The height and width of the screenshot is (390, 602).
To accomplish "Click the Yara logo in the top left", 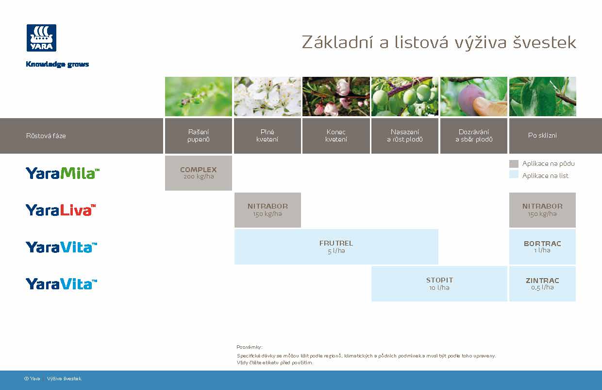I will [41, 38].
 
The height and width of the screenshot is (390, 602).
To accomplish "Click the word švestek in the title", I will [544, 43].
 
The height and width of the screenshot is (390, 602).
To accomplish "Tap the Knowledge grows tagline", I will [57, 64].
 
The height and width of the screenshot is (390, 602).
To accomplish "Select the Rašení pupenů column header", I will [198, 136].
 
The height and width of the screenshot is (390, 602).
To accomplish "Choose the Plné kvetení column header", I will [267, 136].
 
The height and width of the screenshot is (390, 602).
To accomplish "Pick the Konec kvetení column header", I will [336, 136].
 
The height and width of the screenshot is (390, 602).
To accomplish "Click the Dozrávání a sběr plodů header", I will [473, 136].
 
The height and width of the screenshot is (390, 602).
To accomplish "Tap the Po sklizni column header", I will [542, 136].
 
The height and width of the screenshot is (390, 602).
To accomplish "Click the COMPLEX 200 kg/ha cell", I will [198, 173].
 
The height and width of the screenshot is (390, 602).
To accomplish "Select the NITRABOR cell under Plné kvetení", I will [268, 210].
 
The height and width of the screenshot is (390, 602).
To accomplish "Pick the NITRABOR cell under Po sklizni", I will [542, 210].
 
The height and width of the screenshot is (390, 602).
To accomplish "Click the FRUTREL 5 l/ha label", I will [336, 247].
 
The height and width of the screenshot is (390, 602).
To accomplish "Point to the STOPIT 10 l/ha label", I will [439, 284].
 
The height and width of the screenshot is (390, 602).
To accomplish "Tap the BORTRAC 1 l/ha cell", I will [542, 247].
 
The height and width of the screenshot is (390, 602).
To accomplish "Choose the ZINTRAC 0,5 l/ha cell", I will [542, 284].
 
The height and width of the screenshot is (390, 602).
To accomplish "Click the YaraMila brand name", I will [63, 173].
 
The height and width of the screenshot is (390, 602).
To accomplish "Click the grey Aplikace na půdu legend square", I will [514, 164].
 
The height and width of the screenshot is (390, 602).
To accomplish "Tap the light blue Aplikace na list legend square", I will [514, 175].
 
